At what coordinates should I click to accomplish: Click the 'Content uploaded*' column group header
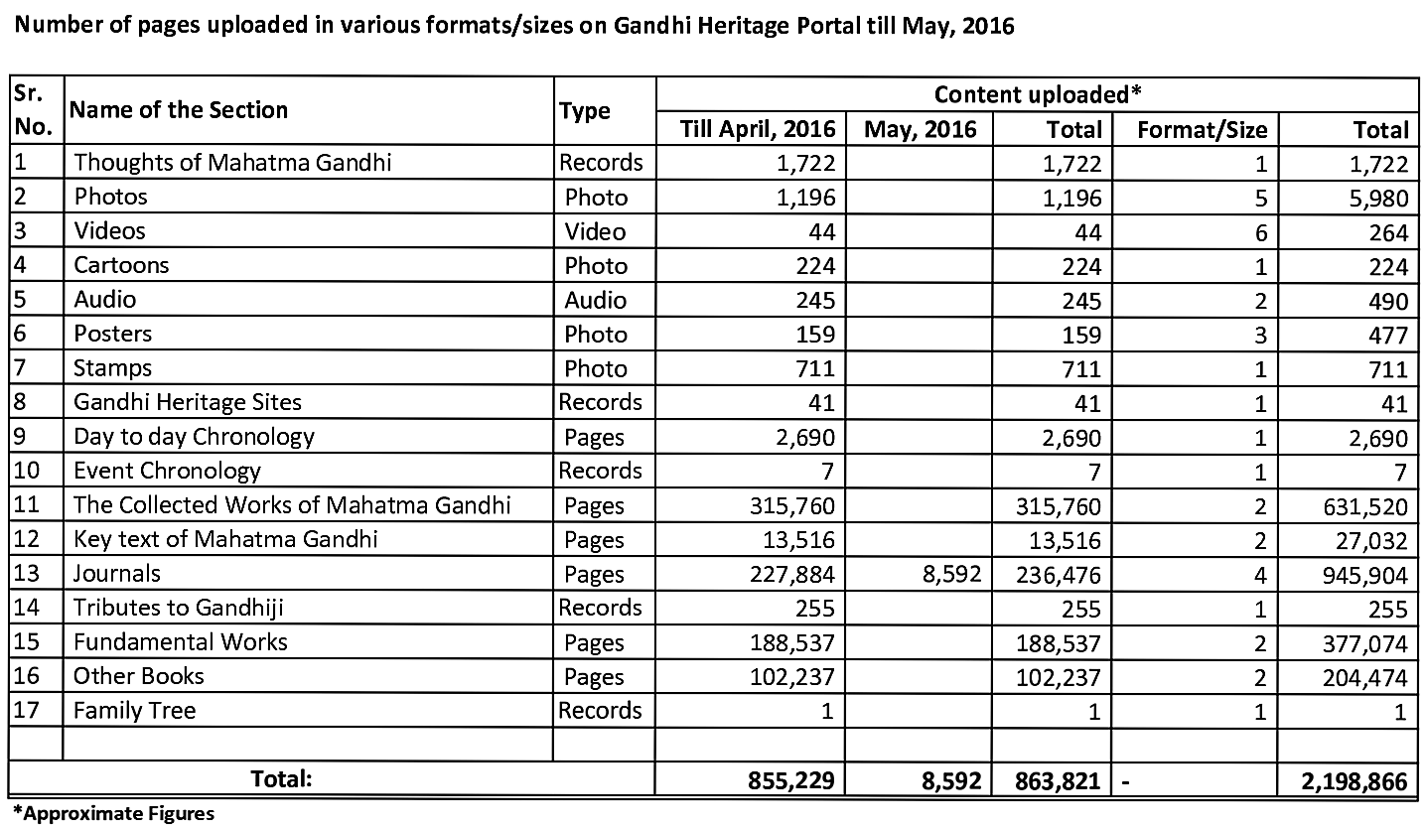1038,94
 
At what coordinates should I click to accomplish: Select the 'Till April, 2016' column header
758,129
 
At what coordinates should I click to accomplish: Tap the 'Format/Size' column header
1202,129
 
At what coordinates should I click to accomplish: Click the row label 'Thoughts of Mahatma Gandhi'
232,162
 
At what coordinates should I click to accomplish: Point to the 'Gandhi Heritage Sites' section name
188,402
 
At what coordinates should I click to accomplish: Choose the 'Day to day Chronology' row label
194,437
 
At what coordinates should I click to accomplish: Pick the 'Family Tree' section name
134,711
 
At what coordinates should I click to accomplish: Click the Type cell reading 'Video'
595,231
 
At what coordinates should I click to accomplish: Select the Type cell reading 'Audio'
595,300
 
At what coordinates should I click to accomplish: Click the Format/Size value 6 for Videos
1260,231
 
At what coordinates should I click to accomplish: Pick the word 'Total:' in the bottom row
281,779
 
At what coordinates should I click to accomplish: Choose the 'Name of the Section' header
180,110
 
